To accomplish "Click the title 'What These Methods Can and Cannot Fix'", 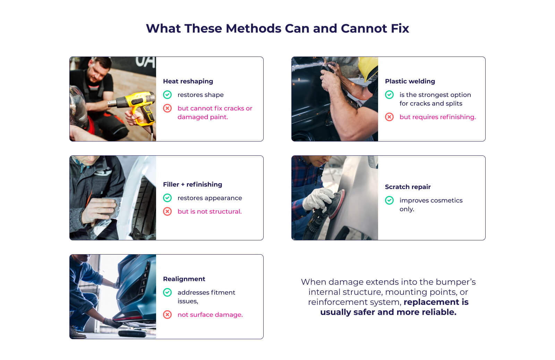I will tap(277, 28).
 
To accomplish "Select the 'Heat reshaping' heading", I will tap(188, 81).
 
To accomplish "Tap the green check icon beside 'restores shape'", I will tap(168, 95).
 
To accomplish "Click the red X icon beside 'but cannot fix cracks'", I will tap(168, 108).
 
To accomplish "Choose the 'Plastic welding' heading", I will tap(410, 81).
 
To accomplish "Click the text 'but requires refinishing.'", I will tap(437, 117).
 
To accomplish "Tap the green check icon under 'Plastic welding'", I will tap(390, 95).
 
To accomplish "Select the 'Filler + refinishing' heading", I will tap(193, 185).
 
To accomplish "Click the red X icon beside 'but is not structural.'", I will tap(168, 212).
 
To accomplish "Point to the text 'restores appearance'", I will tap(210, 198).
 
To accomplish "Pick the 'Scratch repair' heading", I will tap(408, 187).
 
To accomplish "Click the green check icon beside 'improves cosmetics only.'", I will tap(390, 200).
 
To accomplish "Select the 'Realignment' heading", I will tap(184, 279).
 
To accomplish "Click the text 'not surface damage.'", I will tap(210, 315).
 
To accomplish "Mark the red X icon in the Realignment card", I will tap(168, 315).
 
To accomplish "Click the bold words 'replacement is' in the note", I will tap(436, 302).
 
